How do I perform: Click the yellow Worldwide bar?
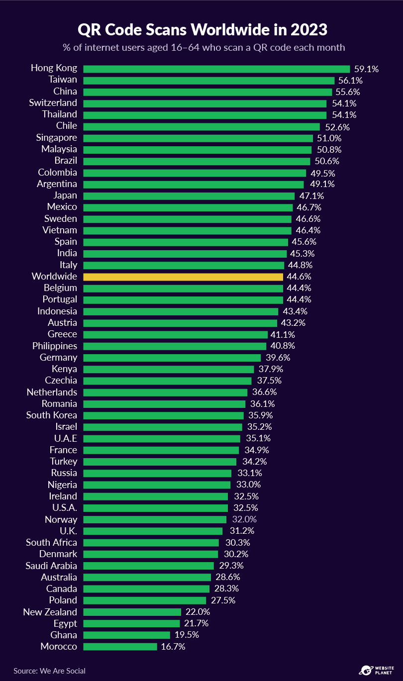(183, 277)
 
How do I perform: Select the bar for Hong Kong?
(216, 69)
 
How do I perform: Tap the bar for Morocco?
(120, 647)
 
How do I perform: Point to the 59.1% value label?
(366, 69)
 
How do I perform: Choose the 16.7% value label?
(173, 647)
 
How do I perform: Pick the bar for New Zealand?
(132, 612)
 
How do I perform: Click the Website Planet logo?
(376, 670)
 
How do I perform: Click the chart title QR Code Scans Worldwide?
(202, 30)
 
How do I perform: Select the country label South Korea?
(52, 415)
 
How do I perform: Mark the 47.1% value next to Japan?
(311, 196)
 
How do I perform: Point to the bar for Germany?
(172, 358)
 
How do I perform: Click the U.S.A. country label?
(65, 508)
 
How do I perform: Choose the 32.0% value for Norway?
(244, 519)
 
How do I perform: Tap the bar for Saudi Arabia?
(148, 566)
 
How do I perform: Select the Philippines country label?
(55, 346)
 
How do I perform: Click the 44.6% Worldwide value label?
(299, 277)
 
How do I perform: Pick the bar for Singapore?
(198, 138)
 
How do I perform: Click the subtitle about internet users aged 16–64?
(202, 48)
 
